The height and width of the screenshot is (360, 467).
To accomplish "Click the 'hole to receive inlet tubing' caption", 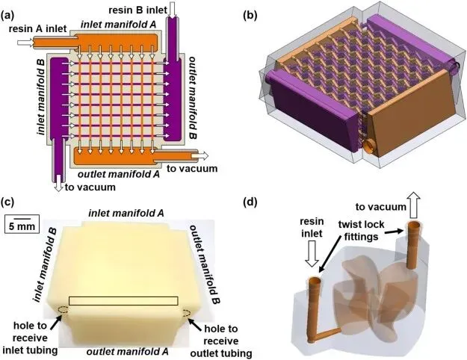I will (x=28, y=335).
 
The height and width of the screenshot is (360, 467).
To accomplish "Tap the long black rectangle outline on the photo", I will (x=123, y=301).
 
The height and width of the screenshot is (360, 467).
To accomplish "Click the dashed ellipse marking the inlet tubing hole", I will (x=62, y=309).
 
